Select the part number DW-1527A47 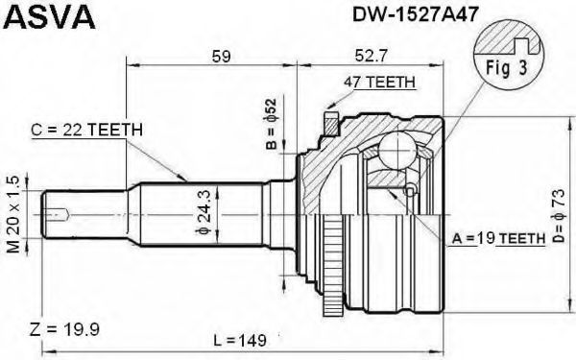[x=416, y=14]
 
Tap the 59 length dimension [x=221, y=57]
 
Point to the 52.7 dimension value [x=371, y=56]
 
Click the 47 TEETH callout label [x=379, y=82]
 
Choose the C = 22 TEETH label [x=86, y=130]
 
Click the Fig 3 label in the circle [x=507, y=67]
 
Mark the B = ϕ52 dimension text [x=271, y=124]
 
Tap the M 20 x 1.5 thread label [x=13, y=214]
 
